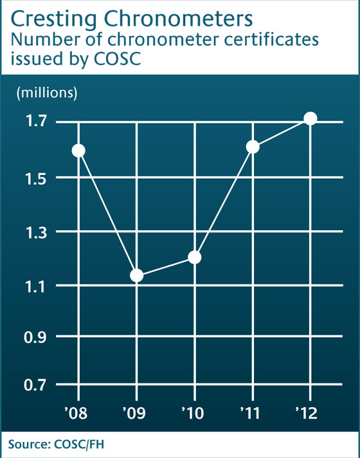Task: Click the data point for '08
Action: (x=78, y=151)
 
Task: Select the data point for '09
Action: (x=136, y=276)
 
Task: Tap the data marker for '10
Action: (x=195, y=257)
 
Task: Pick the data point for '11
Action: (x=253, y=147)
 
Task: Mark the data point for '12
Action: (x=310, y=118)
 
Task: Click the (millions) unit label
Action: (x=46, y=93)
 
